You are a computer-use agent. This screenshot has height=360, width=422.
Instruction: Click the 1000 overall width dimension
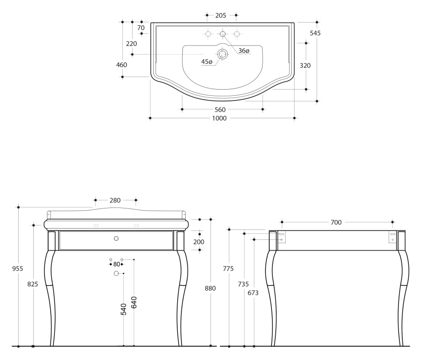pyautogui.click(x=219, y=118)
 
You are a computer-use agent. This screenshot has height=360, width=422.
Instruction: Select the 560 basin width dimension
pyautogui.click(x=220, y=110)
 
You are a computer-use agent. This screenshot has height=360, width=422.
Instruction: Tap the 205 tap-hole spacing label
pyautogui.click(x=221, y=15)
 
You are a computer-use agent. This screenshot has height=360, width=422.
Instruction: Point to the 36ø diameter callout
pyautogui.click(x=244, y=51)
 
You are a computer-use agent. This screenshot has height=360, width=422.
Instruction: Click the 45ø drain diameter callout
pyautogui.click(x=207, y=61)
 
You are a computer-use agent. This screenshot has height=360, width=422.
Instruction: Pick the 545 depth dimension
pyautogui.click(x=315, y=33)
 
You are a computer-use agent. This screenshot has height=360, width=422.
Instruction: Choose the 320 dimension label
pyautogui.click(x=305, y=66)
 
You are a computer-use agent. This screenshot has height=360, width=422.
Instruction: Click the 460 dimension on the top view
pyautogui.click(x=121, y=65)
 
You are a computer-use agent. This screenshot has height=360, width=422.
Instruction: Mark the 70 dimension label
pyautogui.click(x=141, y=28)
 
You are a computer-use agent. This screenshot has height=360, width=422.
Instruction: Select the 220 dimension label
pyautogui.click(x=131, y=44)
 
